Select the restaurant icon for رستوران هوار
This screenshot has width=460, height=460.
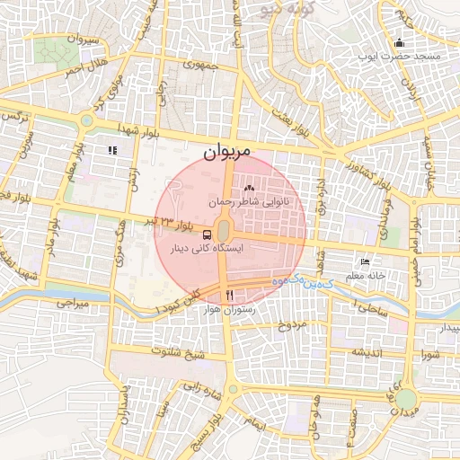[230, 296]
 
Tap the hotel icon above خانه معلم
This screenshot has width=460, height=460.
[364, 261]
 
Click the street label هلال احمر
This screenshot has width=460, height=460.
[84, 65]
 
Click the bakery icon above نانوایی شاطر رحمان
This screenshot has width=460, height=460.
[248, 189]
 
